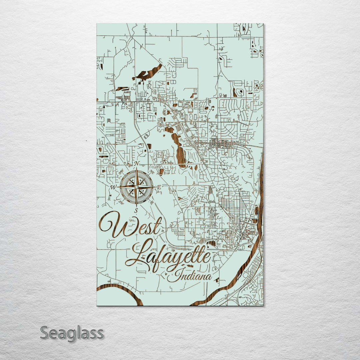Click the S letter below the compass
coord(136,210)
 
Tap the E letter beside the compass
coord(159,187)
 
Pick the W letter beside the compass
coord(113,187)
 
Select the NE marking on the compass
coord(152,172)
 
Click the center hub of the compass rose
coord(136,187)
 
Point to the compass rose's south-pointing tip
coord(136,205)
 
